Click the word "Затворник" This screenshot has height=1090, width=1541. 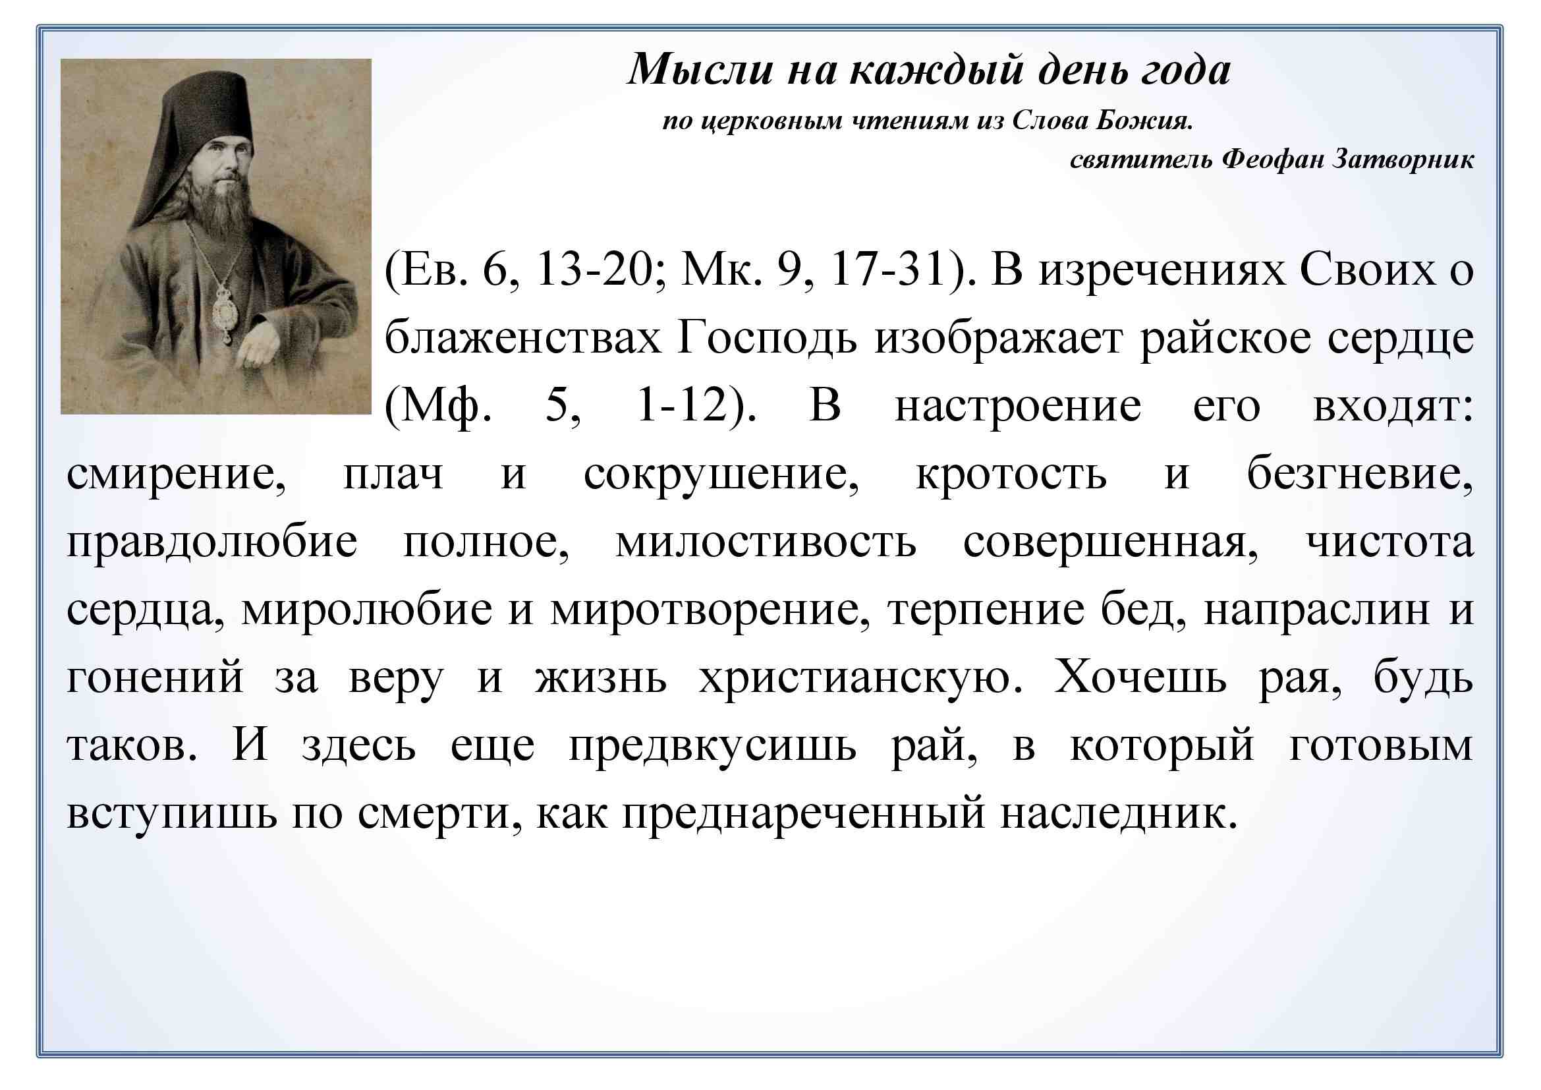[x=1403, y=159]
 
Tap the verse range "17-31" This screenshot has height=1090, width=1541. [x=887, y=270]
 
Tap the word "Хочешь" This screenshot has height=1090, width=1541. [x=1140, y=677]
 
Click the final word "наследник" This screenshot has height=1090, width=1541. [x=1118, y=813]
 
